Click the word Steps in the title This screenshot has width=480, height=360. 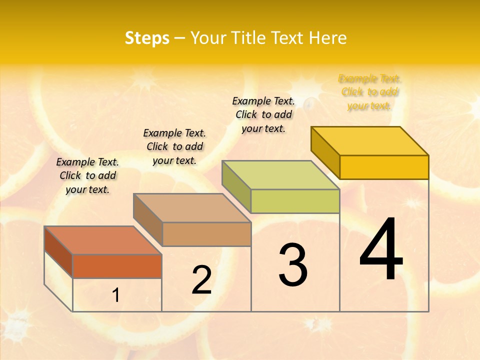coord(147,38)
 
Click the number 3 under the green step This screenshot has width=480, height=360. coord(293,265)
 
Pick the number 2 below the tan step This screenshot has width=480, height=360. coord(201,280)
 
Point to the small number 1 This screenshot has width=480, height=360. coord(115,295)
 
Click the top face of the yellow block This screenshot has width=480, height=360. coord(370,140)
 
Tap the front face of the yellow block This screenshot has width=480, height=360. coord(384,167)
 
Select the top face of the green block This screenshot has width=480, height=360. coord(281,175)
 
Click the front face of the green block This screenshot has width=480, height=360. coord(295,201)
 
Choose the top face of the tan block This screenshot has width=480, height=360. coord(192,208)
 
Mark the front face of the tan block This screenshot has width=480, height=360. coord(206,234)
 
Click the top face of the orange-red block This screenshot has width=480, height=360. coord(103,240)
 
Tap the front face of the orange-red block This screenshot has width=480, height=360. coord(117,266)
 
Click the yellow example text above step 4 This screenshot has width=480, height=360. coord(369,92)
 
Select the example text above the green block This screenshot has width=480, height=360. coord(263,114)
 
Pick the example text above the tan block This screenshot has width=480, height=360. coord(174,146)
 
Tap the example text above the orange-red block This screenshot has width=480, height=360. coord(87,175)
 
